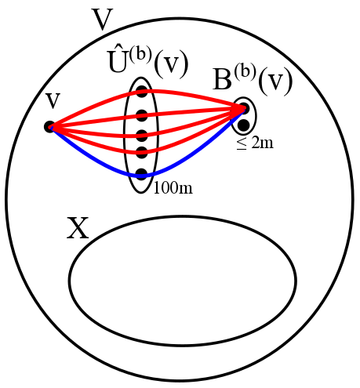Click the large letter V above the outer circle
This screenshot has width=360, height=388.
click(103, 20)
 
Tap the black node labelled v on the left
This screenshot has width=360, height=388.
click(49, 126)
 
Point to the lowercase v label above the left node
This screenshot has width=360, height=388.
click(53, 100)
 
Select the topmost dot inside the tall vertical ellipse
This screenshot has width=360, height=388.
click(142, 92)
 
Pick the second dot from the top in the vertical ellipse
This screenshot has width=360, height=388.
click(142, 115)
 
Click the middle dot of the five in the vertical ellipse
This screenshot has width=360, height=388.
click(142, 135)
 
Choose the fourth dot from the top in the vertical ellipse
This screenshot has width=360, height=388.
click(142, 152)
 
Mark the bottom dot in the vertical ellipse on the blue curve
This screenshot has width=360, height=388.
click(142, 174)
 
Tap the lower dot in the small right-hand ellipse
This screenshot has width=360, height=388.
click(243, 125)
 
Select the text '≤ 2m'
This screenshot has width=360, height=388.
click(255, 145)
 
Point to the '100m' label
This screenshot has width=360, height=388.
click(173, 187)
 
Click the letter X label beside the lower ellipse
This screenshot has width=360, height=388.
click(78, 229)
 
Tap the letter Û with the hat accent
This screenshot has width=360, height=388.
click(118, 66)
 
